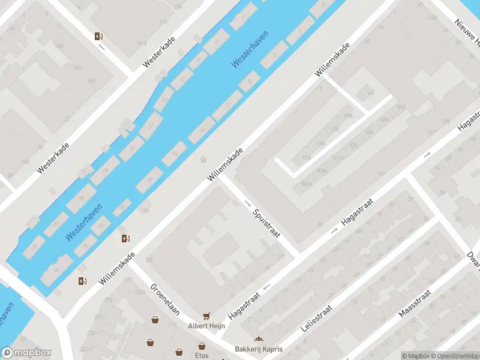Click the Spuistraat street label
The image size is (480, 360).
(x=266, y=223)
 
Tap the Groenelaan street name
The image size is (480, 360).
(x=166, y=299)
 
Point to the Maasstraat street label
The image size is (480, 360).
(x=415, y=304)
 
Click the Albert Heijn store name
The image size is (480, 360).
(x=206, y=326)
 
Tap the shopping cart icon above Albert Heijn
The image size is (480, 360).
(x=207, y=315)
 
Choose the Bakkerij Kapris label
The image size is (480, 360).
(x=259, y=349)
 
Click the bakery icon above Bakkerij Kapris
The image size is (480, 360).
(x=259, y=340)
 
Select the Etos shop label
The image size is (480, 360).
(x=202, y=355)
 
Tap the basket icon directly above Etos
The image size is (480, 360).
(x=202, y=346)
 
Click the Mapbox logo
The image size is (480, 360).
(x=26, y=353)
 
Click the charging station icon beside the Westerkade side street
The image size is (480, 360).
(x=98, y=37)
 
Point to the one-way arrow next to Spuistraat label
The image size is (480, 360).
(x=248, y=204)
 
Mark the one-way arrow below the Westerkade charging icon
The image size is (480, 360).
(x=101, y=46)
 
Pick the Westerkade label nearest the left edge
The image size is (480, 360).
(x=53, y=158)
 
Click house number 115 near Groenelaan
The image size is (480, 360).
(x=172, y=325)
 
